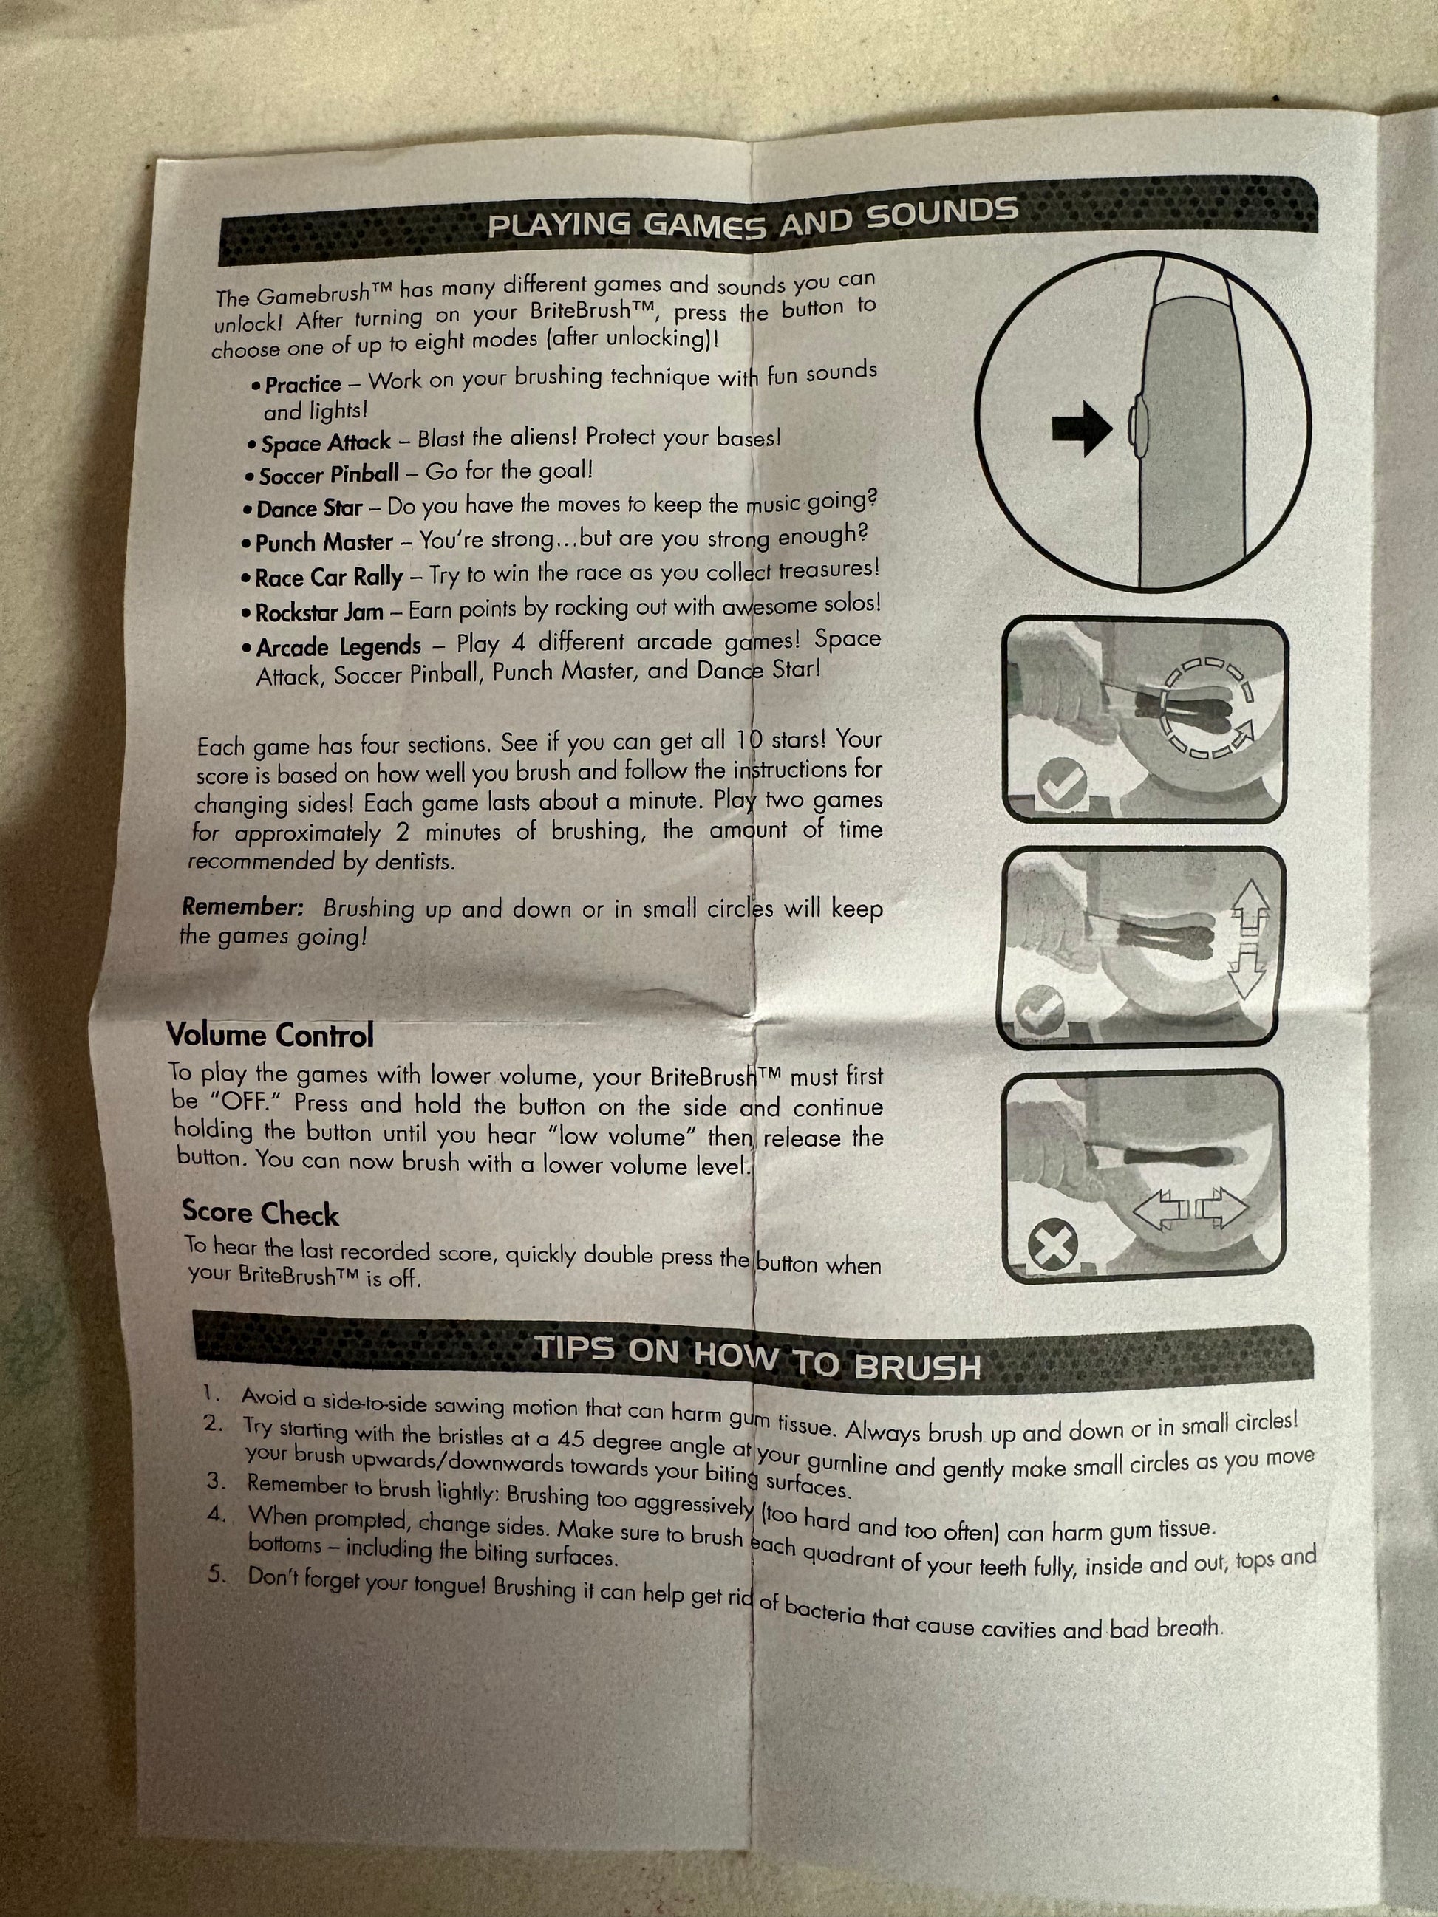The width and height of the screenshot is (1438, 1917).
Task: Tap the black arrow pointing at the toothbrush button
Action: click(x=1082, y=427)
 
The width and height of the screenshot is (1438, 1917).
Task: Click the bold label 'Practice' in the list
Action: click(x=302, y=384)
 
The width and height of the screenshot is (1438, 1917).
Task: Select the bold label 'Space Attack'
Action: click(x=326, y=442)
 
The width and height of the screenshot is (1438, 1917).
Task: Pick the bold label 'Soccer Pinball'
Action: click(x=330, y=474)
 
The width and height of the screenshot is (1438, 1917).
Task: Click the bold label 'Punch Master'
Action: click(x=324, y=542)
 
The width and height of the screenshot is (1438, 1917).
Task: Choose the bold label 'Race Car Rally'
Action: click(x=330, y=577)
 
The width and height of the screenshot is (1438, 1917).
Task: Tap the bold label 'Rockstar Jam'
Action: click(x=319, y=612)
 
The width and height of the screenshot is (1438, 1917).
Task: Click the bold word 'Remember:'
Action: click(x=242, y=907)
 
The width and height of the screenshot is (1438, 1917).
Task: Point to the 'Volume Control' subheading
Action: click(x=270, y=1035)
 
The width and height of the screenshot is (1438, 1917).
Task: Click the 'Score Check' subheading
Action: click(x=260, y=1213)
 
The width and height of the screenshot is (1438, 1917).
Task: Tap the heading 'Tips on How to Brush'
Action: click(x=757, y=1358)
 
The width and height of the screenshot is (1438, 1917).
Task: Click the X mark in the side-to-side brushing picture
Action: click(x=1053, y=1246)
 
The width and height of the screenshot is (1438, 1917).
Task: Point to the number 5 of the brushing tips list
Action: click(x=215, y=1573)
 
